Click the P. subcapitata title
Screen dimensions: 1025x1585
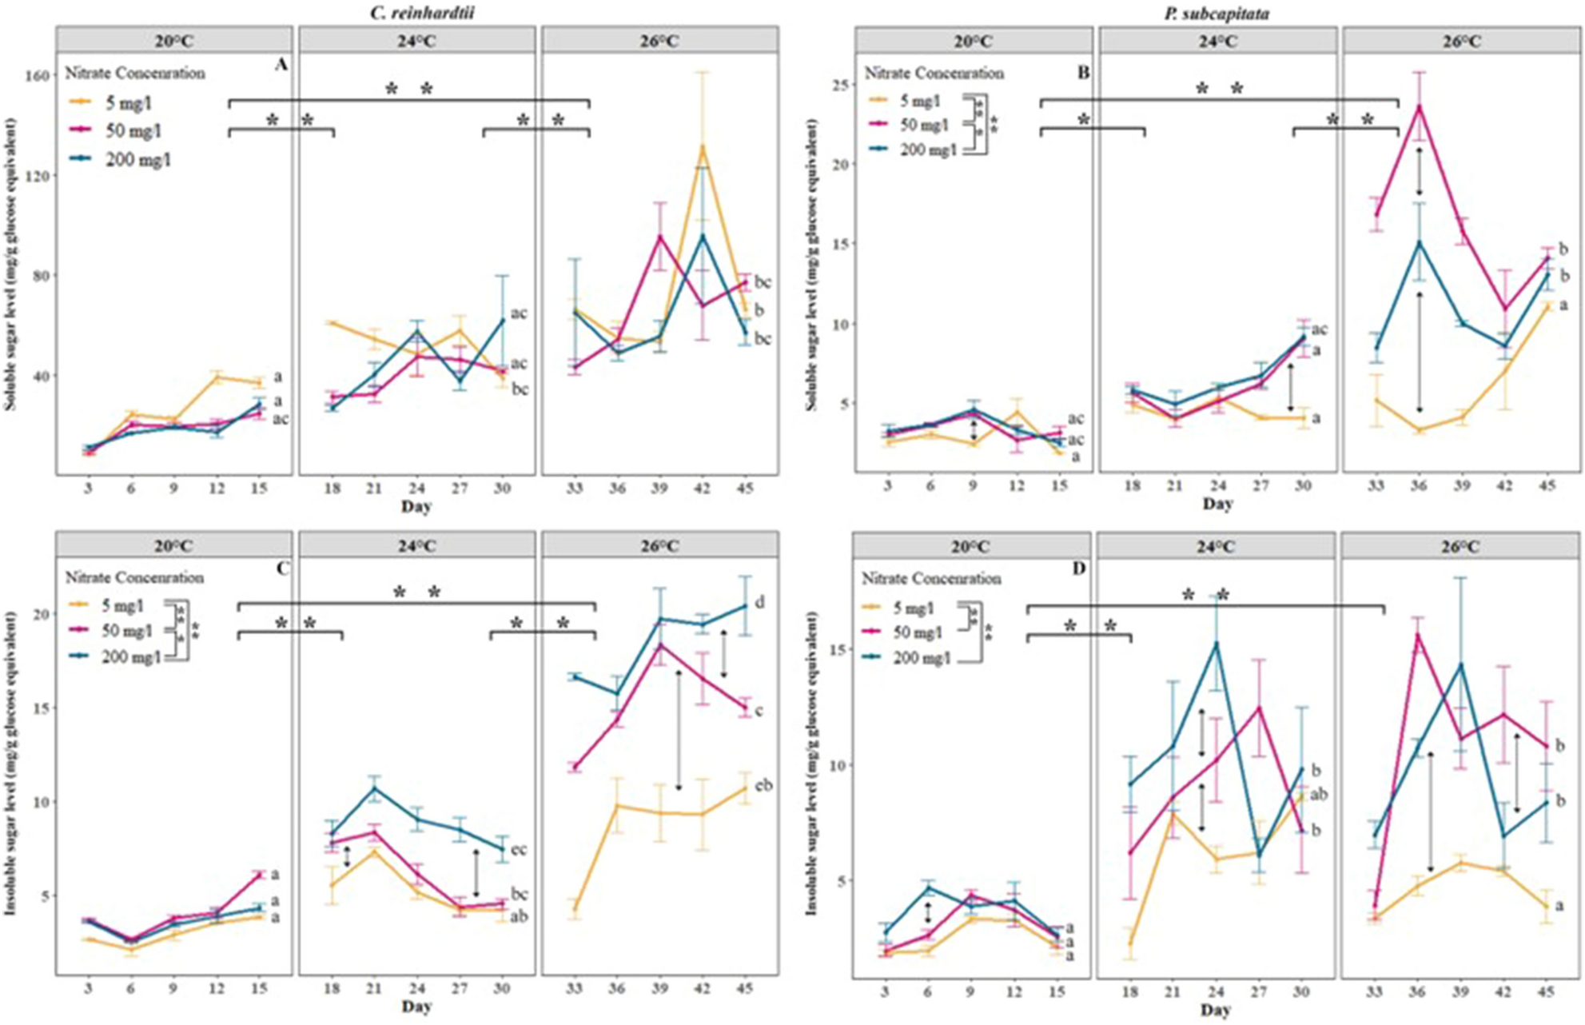coord(1217,13)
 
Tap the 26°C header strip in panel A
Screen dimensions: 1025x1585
coord(659,41)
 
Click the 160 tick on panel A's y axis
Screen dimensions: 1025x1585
coord(40,75)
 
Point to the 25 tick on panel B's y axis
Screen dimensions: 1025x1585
coord(838,84)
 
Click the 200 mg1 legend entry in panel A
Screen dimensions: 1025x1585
coord(137,160)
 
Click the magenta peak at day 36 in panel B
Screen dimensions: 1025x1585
coord(1420,106)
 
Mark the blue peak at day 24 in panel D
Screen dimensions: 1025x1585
coord(1217,643)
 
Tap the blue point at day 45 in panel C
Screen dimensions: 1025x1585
coord(744,606)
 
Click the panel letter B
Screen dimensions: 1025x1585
coord(1083,73)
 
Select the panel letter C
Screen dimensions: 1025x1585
coord(282,568)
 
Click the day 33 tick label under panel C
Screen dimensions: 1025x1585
coord(573,989)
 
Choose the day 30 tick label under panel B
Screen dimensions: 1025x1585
coord(1302,486)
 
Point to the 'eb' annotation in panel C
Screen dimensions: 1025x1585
coord(763,785)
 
